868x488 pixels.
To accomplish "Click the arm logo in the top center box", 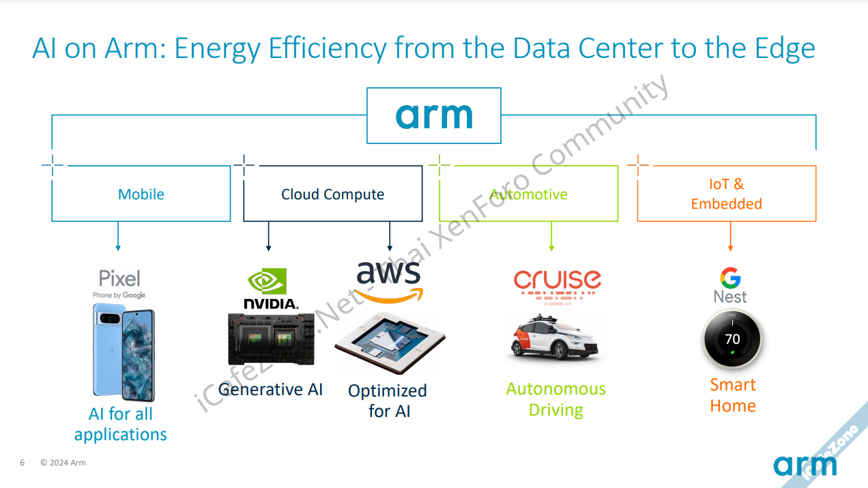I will pyautogui.click(x=434, y=116).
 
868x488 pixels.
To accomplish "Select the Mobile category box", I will pyautogui.click(x=141, y=194).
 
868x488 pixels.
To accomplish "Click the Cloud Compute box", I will pyautogui.click(x=332, y=194).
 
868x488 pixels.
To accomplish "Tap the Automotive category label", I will pyautogui.click(x=528, y=194).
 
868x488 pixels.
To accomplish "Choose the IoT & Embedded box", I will pyautogui.click(x=726, y=194).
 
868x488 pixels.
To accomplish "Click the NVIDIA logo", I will pyautogui.click(x=270, y=289).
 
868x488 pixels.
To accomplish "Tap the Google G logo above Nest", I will pyautogui.click(x=730, y=278).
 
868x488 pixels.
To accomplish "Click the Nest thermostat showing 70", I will pyautogui.click(x=732, y=339).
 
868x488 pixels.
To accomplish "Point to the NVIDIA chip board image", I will pyautogui.click(x=271, y=339).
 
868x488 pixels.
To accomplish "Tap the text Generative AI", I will pyautogui.click(x=271, y=389).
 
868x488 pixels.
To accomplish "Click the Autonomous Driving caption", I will pyautogui.click(x=555, y=399).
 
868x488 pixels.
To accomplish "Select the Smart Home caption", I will pyautogui.click(x=733, y=395).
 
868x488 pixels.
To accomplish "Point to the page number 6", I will pyautogui.click(x=23, y=463).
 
